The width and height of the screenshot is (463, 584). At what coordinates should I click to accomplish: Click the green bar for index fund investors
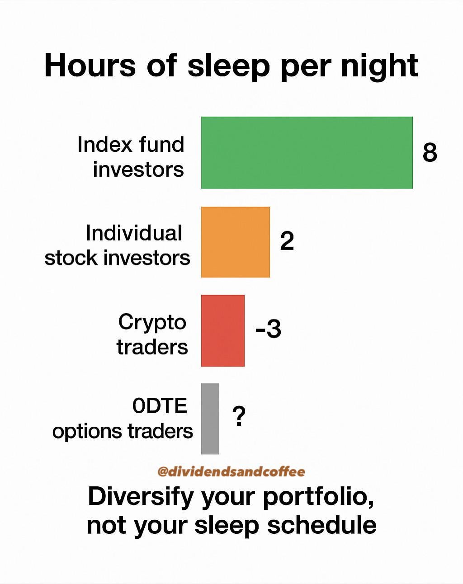pyautogui.click(x=307, y=152)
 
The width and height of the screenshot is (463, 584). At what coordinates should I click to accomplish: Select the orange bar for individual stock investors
pyautogui.click(x=236, y=242)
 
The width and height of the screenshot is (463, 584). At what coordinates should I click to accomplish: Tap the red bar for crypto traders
pyautogui.click(x=222, y=330)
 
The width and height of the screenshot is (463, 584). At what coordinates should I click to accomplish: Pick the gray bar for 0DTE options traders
pyautogui.click(x=210, y=419)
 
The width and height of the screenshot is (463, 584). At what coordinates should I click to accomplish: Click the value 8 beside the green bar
pyautogui.click(x=430, y=152)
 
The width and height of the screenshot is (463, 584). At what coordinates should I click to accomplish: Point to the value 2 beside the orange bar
pyautogui.click(x=287, y=241)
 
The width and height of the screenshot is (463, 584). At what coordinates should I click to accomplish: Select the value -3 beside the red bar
pyautogui.click(x=268, y=329)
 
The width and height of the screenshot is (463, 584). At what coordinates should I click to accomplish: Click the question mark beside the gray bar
pyautogui.click(x=239, y=416)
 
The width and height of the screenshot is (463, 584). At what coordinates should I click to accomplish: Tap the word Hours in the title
pyautogui.click(x=90, y=66)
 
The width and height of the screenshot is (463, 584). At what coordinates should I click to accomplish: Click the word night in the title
pyautogui.click(x=379, y=67)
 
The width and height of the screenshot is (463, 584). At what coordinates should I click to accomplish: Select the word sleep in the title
pyautogui.click(x=229, y=67)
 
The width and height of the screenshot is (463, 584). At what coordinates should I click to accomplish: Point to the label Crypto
pyautogui.click(x=152, y=323)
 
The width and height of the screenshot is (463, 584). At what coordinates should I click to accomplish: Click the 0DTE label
pyautogui.click(x=160, y=406)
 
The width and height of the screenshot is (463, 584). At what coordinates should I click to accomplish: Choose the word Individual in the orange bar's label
pyautogui.click(x=134, y=233)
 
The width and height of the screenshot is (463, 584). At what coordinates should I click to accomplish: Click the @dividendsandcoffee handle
pyautogui.click(x=231, y=471)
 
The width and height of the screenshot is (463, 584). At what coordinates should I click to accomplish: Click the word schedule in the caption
pyautogui.click(x=322, y=526)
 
